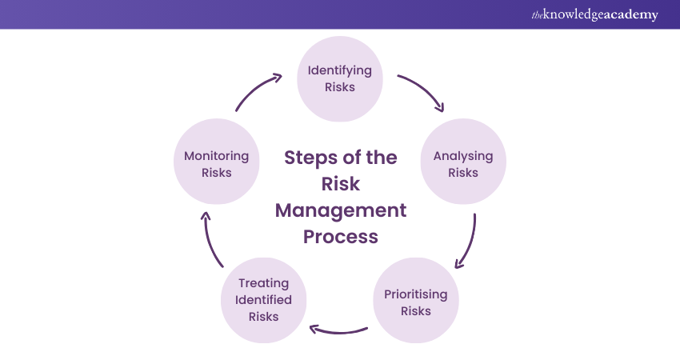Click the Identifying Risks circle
point(340,78)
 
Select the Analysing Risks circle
point(463,163)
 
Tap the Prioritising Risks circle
point(416,302)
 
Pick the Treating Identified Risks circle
point(263,300)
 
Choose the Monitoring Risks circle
point(216,163)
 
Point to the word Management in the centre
point(341,210)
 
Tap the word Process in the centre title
point(341,237)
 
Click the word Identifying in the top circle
point(340,70)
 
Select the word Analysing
point(463,156)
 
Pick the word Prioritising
point(416,294)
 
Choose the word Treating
point(263,283)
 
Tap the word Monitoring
point(216,156)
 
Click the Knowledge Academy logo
point(595,14)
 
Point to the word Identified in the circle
point(263,300)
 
